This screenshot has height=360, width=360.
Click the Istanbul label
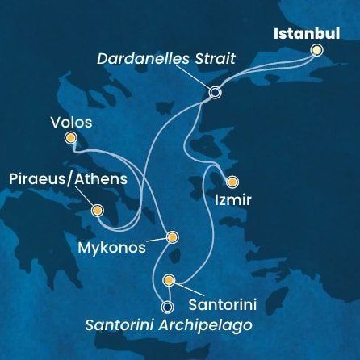[306, 34]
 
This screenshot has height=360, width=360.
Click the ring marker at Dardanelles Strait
[215, 93]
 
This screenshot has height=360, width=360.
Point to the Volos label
[70, 123]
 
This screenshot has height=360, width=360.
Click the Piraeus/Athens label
[62, 178]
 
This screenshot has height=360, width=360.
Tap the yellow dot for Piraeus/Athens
[98, 211]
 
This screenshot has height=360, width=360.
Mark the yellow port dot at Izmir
[232, 182]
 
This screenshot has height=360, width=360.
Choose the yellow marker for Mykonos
[171, 237]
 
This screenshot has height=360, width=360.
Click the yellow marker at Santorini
[169, 280]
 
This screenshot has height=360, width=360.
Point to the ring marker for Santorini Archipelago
[167, 307]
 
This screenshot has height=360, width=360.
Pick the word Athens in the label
[100, 178]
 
